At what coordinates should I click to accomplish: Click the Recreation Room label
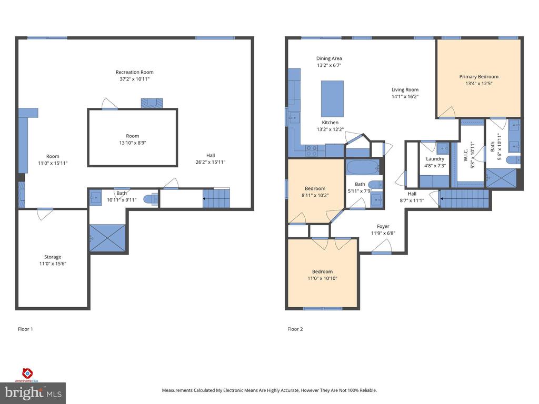point(134,72)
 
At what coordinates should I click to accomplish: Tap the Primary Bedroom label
point(479,77)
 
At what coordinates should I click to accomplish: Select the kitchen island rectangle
point(332,99)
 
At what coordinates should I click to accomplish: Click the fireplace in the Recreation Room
point(152,103)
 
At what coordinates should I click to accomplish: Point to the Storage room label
point(53,257)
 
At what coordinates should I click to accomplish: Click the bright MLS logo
point(33,393)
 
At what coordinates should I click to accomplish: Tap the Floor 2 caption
point(295,329)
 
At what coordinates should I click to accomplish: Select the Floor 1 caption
point(25,329)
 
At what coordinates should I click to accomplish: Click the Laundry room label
point(435,159)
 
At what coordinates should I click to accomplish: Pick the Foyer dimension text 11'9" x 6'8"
point(383,233)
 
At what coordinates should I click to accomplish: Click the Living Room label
point(405,89)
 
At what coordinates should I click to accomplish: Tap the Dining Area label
point(329,58)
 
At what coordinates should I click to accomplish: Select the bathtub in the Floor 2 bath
point(363,167)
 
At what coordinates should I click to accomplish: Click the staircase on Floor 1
point(216,198)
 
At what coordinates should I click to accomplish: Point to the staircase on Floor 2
point(464,199)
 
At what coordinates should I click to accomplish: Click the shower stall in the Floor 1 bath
point(107,238)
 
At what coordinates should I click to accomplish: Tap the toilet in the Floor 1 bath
point(151,199)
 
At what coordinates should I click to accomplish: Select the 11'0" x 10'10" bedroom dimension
point(323,278)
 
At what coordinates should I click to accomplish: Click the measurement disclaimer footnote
point(269,390)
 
